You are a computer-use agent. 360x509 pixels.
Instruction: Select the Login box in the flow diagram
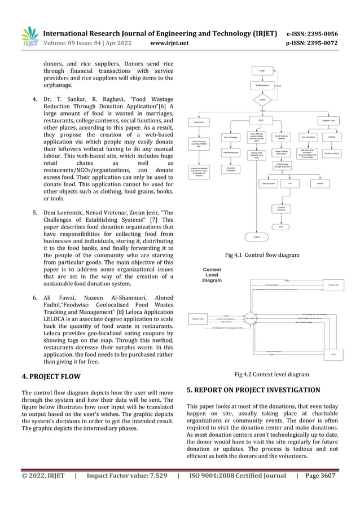pyautogui.click(x=262, y=71)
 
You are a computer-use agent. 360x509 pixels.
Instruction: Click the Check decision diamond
pyautogui.click(x=262, y=99)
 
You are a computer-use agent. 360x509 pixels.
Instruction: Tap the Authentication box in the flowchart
pyautogui.click(x=262, y=86)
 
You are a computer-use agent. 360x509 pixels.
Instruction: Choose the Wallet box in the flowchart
pyautogui.click(x=319, y=183)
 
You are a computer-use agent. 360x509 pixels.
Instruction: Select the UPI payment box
pyautogui.click(x=290, y=183)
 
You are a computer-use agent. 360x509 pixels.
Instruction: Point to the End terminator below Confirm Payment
pyautogui.click(x=280, y=227)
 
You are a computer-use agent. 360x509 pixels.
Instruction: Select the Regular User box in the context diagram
pyautogui.click(x=198, y=319)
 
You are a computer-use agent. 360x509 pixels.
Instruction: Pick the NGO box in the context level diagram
pyautogui.click(x=333, y=354)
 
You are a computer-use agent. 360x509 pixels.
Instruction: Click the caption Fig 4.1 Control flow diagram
pyautogui.click(x=262, y=255)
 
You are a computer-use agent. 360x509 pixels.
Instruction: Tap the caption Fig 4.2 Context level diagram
pyautogui.click(x=271, y=374)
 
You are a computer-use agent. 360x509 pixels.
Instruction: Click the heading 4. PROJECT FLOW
pyautogui.click(x=51, y=376)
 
